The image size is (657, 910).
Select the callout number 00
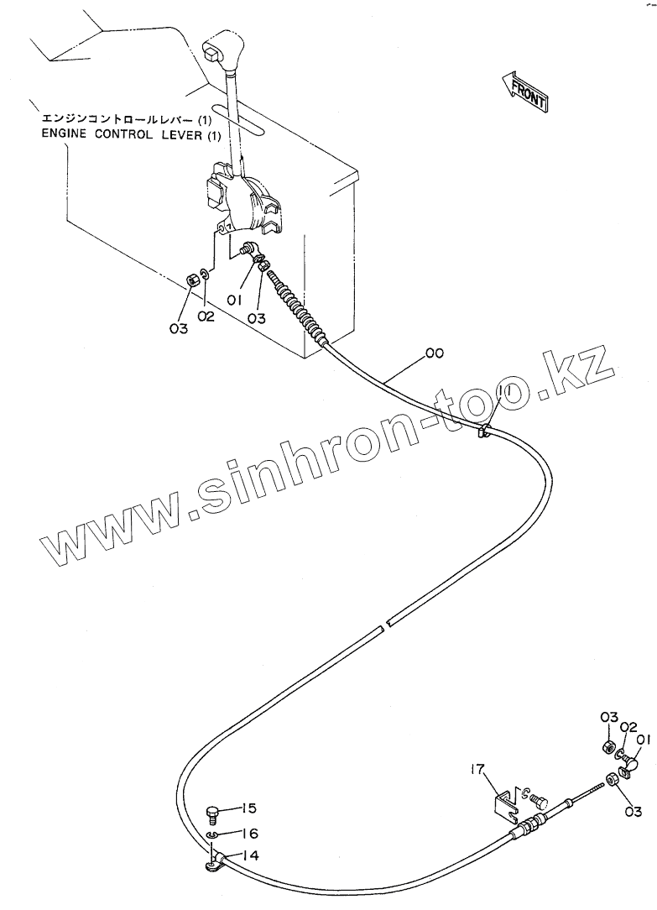pos(434,353)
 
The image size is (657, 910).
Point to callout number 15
pos(249,808)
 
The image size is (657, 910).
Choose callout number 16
pos(250,834)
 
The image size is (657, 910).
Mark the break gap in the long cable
pos(383,625)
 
